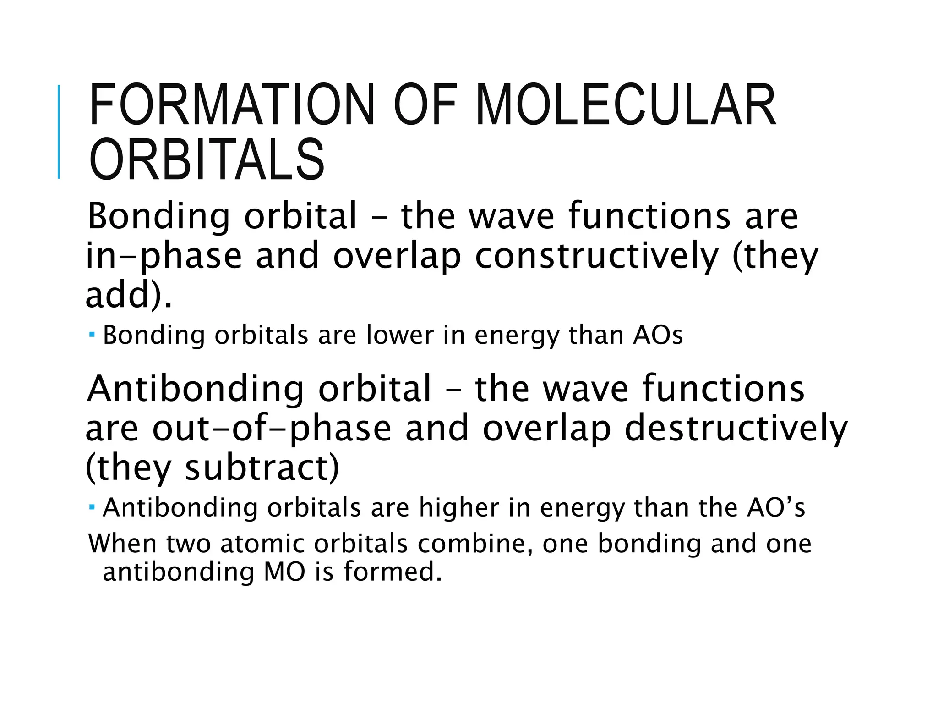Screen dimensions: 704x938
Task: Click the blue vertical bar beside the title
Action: [59, 132]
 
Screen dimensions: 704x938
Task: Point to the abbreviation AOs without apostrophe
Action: [658, 335]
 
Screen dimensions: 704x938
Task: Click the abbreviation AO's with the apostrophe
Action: [776, 508]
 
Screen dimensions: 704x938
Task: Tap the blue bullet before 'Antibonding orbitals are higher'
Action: [92, 507]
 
